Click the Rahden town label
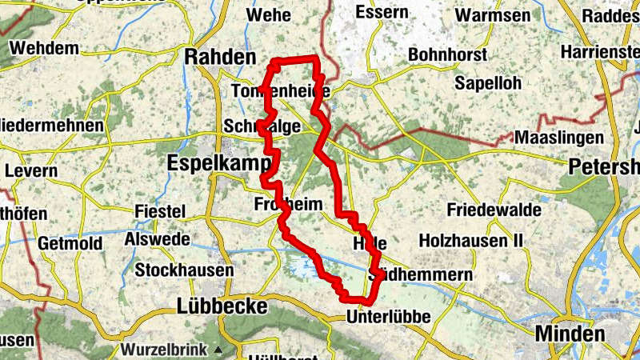[220, 57]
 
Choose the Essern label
[381, 13]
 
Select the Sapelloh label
[487, 83]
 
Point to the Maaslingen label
[558, 138]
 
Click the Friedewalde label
[494, 210]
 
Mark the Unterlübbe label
[389, 318]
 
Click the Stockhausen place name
[184, 270]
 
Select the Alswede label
[157, 239]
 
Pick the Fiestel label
[160, 211]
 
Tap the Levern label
[32, 171]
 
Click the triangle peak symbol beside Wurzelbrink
[218, 350]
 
